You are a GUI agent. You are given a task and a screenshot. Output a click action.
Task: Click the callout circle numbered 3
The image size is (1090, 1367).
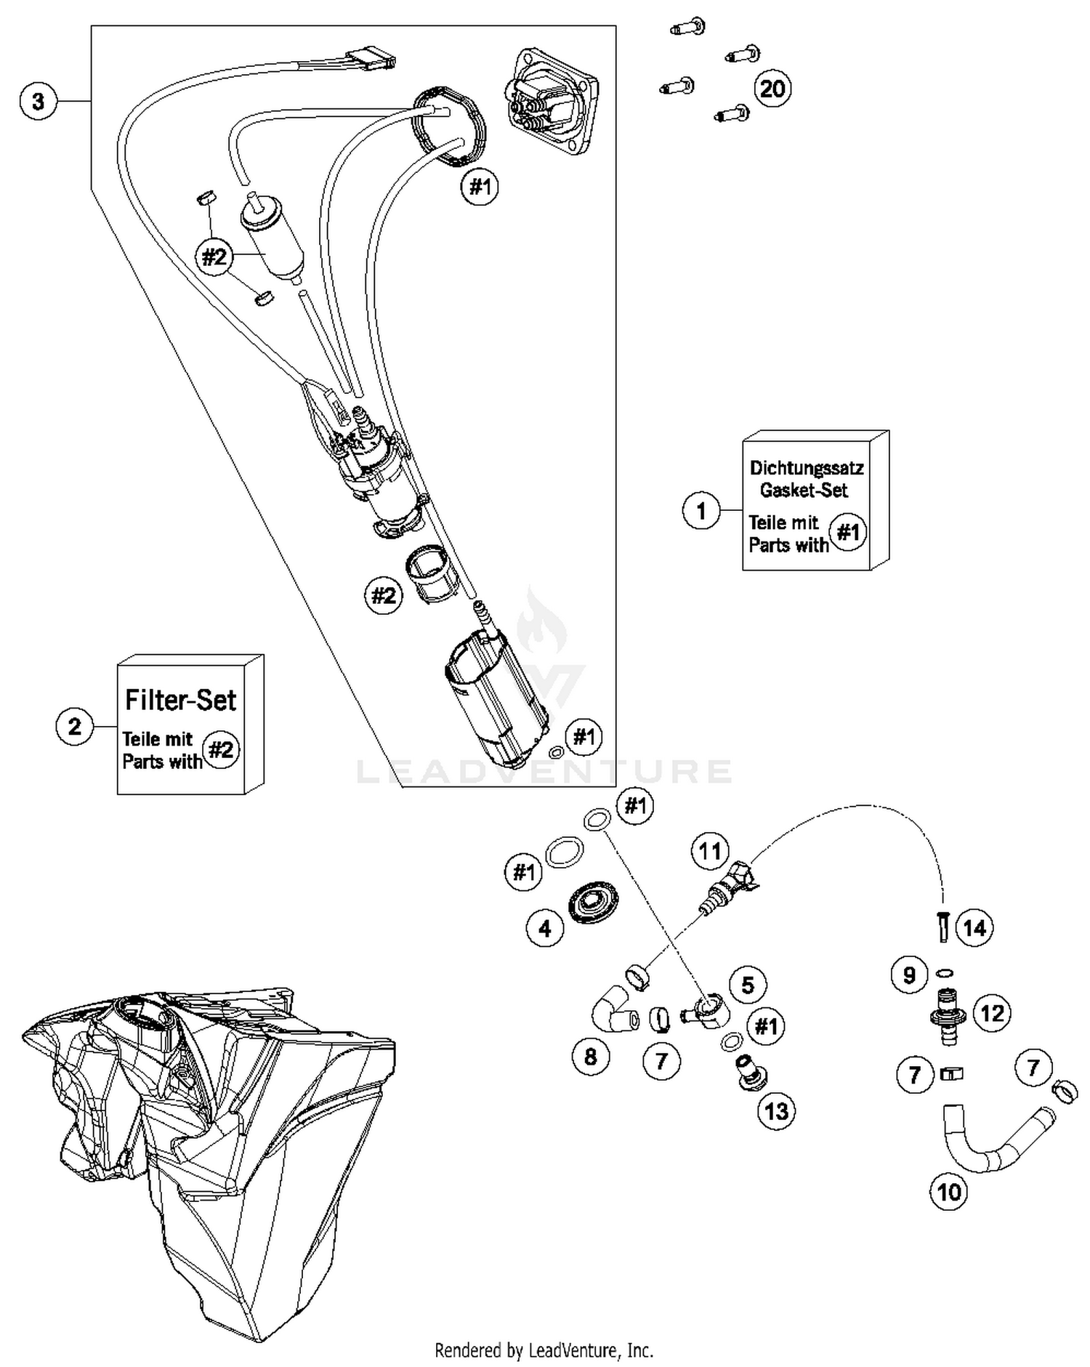[38, 101]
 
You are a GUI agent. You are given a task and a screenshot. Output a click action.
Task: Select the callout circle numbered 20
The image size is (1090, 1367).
[772, 89]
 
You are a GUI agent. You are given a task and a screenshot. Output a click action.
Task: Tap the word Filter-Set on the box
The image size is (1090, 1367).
[180, 700]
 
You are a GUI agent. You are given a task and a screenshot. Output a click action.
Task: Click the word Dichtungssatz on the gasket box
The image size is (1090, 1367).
[806, 467]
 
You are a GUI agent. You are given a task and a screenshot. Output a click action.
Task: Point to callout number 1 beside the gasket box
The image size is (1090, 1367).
[701, 510]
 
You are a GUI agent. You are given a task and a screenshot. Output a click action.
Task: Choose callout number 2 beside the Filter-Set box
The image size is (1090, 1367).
[74, 726]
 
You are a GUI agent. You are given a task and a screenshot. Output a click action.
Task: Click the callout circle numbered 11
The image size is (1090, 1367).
[709, 851]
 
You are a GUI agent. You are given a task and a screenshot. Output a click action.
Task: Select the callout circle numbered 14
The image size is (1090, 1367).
[974, 927]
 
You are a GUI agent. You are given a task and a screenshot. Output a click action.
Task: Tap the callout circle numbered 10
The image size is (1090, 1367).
[949, 1192]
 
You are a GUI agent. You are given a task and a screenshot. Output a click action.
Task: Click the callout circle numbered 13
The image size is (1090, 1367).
[776, 1110]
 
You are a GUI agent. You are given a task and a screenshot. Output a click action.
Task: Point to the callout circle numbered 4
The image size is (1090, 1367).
[545, 928]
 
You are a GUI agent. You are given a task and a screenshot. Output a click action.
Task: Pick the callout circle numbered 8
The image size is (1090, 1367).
[590, 1056]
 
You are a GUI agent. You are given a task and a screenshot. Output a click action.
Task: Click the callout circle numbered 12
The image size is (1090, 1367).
[993, 1012]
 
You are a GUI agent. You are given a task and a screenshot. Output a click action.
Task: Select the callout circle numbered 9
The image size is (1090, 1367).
[909, 975]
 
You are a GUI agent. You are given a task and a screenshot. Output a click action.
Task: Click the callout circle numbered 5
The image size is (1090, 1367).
[748, 985]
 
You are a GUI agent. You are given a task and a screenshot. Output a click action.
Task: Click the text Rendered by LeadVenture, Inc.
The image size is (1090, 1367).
[544, 1350]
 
